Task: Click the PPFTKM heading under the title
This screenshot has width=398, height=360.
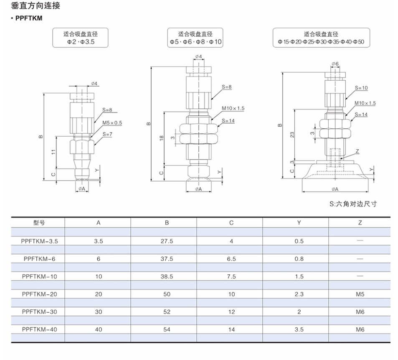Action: coord(29,18)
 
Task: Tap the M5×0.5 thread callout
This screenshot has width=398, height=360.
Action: coord(112,123)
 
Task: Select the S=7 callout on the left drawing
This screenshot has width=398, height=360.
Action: coord(107,134)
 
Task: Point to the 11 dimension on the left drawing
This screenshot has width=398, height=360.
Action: coord(53,152)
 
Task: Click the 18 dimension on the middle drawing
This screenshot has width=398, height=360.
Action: coord(161,138)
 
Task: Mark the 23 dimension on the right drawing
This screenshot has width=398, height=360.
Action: coord(292,134)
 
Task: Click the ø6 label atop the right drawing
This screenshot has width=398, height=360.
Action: coord(335,64)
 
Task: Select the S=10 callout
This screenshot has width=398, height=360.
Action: coord(361,88)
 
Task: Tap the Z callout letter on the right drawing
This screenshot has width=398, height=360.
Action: coord(357,151)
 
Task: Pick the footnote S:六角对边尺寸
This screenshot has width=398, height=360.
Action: coord(353,204)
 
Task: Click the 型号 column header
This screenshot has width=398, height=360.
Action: coord(39,223)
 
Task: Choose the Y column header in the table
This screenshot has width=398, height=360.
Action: coord(299,223)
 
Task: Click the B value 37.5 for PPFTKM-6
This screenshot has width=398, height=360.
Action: coord(167,259)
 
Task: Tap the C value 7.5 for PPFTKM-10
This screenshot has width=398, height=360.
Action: coord(231,276)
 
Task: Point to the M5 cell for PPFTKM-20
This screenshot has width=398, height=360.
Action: coord(360,294)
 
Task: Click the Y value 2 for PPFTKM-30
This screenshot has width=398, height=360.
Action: coord(299,312)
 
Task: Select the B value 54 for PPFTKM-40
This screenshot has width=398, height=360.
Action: coord(167,329)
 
